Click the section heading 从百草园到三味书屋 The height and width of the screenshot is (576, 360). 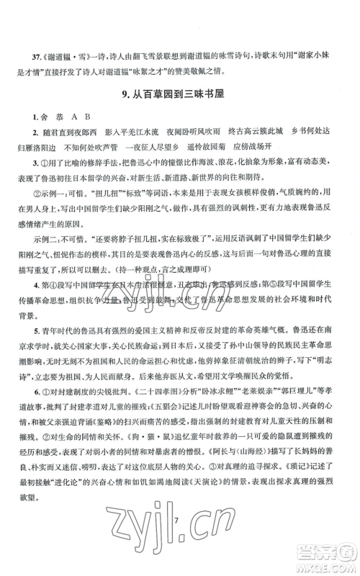(186, 91)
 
